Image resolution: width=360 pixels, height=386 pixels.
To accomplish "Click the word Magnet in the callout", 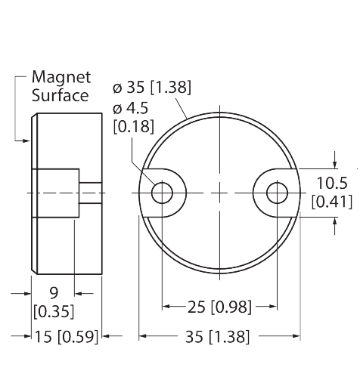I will point(61,78).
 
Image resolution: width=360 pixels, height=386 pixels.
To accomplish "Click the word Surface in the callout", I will point(61,95).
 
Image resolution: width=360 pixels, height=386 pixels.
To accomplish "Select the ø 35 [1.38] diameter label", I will point(151,88).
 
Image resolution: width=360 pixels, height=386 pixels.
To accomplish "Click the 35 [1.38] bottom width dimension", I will point(219,337).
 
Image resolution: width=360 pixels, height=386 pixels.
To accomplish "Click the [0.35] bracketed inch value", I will point(51,310).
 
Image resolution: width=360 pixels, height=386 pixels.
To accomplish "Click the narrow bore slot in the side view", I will point(88,193).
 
